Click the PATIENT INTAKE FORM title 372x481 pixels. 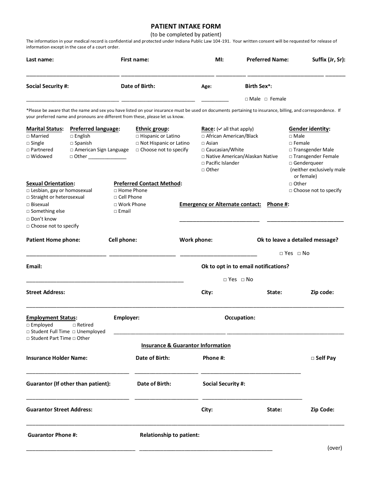[x=186, y=27]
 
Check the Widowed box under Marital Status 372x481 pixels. [x=28, y=157]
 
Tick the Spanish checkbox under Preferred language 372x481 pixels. [x=72, y=143]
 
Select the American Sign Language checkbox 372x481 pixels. [x=72, y=150]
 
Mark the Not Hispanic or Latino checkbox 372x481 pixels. [x=137, y=143]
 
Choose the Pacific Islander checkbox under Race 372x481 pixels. [x=203, y=163]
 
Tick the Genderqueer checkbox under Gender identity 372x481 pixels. [x=291, y=163]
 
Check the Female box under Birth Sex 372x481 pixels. [x=266, y=99]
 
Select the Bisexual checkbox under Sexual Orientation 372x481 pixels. [x=28, y=205]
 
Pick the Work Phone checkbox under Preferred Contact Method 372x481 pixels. [x=116, y=205]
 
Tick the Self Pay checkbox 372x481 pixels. [x=313, y=358]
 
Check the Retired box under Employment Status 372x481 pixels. [x=74, y=325]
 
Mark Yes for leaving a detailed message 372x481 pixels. [x=282, y=253]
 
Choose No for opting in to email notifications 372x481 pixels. [x=243, y=280]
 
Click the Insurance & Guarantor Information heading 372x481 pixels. [x=186, y=346]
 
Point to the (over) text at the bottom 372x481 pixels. [x=334, y=448]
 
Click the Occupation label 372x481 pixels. [x=240, y=318]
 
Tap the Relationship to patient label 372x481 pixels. [x=170, y=435]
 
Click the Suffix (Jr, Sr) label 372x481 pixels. [x=329, y=60]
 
